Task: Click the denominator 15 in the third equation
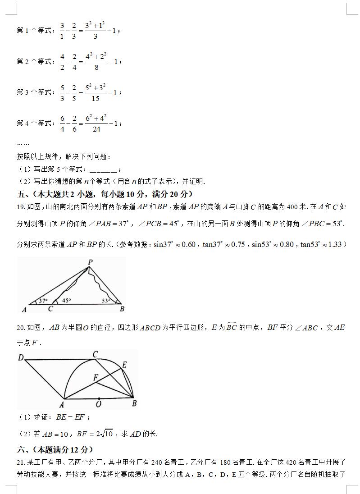coord(96,99)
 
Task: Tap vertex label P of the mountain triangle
coord(90,261)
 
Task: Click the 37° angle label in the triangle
coord(43,301)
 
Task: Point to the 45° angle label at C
coord(66,301)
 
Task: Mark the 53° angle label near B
coord(106,301)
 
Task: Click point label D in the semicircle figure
coord(21,358)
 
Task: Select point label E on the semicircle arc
coord(124,364)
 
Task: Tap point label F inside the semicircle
coord(96,378)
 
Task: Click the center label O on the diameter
coord(99,404)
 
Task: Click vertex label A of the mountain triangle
coord(24,309)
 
